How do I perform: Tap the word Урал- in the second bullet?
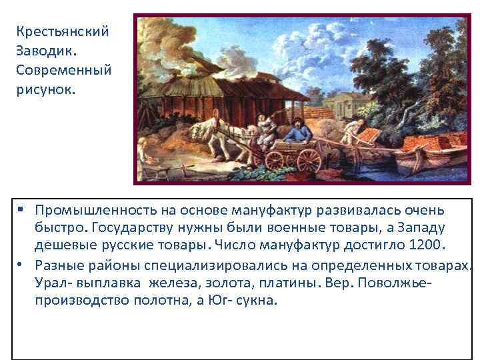[53, 283]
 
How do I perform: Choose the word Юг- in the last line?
[214, 300]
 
